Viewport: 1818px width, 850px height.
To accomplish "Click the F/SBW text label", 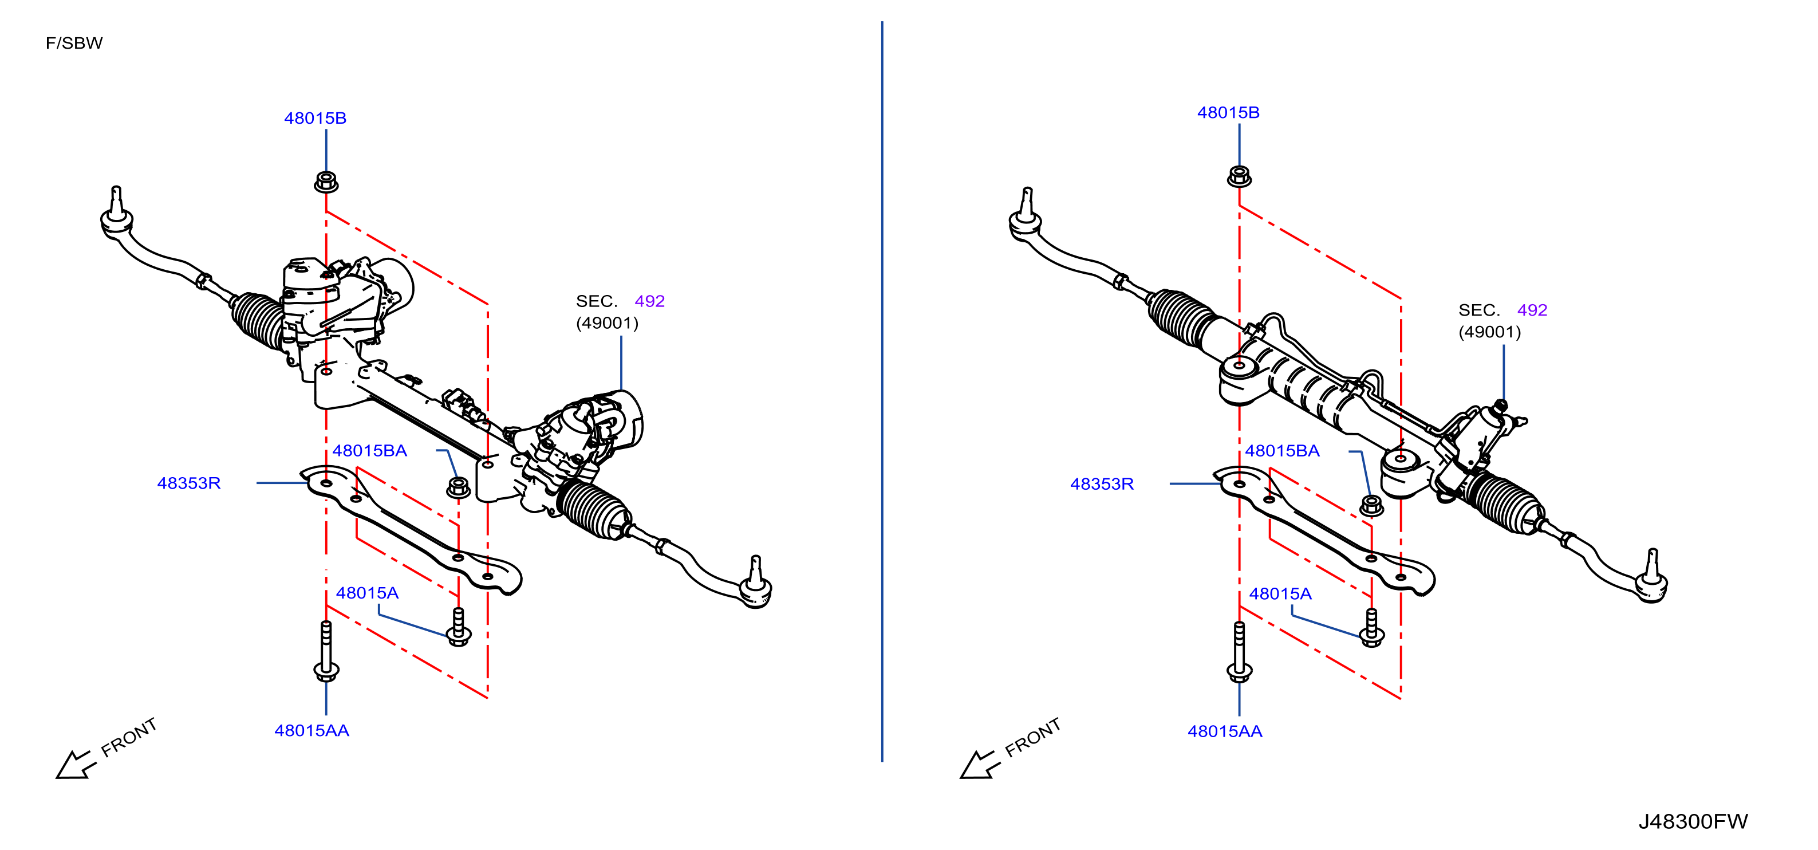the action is [74, 43].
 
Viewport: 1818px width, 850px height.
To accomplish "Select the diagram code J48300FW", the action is [1693, 821].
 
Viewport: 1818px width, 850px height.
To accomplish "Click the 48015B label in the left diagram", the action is [315, 118].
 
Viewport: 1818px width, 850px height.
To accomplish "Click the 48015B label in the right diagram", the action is [1228, 112].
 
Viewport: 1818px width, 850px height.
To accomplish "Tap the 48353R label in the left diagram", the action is [188, 483].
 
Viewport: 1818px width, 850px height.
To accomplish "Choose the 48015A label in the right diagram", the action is [1280, 594].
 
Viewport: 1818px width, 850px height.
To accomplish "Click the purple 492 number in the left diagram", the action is [649, 301].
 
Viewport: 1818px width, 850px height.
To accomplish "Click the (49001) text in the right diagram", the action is [1490, 332].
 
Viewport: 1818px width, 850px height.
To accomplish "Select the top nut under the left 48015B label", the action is [326, 182].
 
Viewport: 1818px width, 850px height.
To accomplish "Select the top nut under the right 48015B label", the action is [1239, 176].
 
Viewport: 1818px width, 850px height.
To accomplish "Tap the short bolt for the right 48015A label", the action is [1372, 627].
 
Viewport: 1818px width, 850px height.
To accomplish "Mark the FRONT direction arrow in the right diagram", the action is [980, 765].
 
